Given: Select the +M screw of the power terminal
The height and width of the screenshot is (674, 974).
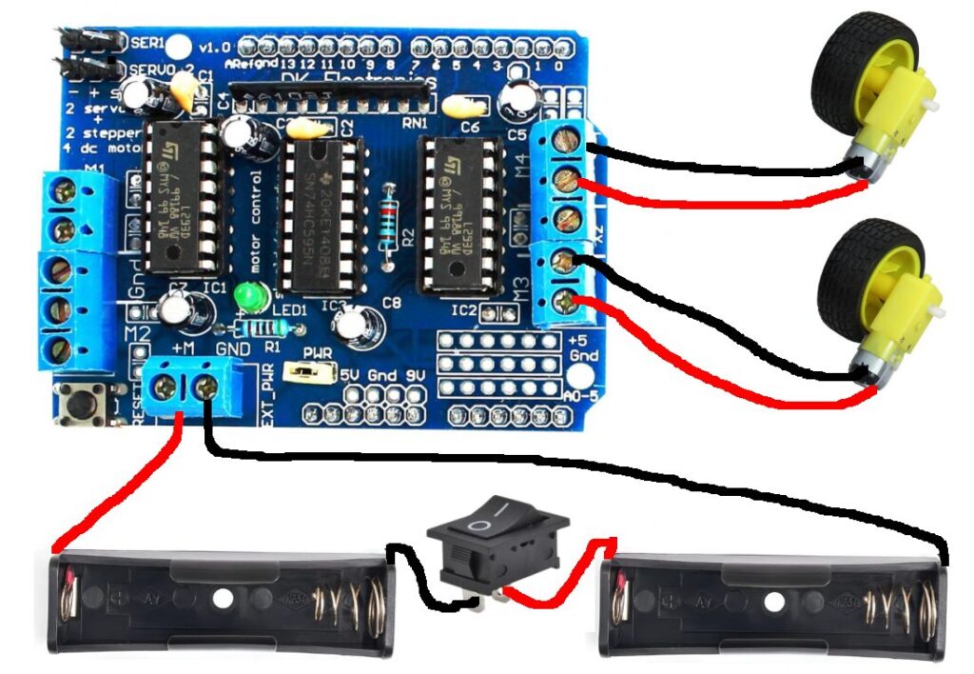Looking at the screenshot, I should coord(167,387).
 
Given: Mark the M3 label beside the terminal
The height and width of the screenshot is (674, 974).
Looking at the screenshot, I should coord(520,287).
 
